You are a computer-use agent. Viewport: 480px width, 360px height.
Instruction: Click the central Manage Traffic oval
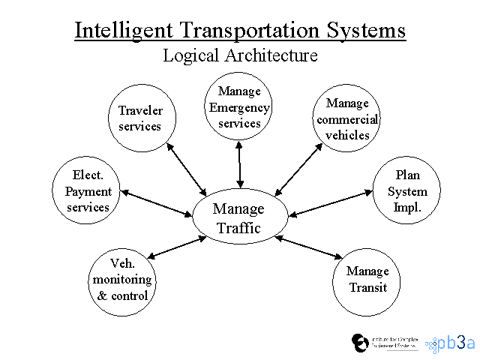(238, 217)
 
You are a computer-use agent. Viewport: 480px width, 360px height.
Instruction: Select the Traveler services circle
(140, 118)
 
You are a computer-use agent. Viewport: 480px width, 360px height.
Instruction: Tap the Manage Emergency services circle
(239, 107)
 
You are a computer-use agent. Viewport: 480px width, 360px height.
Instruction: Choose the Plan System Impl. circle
(407, 191)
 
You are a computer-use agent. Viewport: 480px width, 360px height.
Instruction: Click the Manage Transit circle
(367, 279)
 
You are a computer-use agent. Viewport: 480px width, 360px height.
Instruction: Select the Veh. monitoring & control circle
(122, 279)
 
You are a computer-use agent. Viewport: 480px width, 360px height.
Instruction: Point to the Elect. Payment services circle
(88, 191)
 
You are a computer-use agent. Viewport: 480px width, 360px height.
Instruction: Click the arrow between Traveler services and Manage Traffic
(186, 169)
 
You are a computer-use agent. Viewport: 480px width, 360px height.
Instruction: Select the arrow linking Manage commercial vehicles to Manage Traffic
(298, 169)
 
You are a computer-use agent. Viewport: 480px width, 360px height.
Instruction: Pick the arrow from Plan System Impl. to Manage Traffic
(331, 204)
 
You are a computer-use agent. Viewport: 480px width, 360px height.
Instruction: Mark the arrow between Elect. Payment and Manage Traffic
(157, 203)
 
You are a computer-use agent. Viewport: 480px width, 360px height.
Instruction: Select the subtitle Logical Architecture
(240, 55)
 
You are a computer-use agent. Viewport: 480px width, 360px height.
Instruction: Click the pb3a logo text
(459, 342)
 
